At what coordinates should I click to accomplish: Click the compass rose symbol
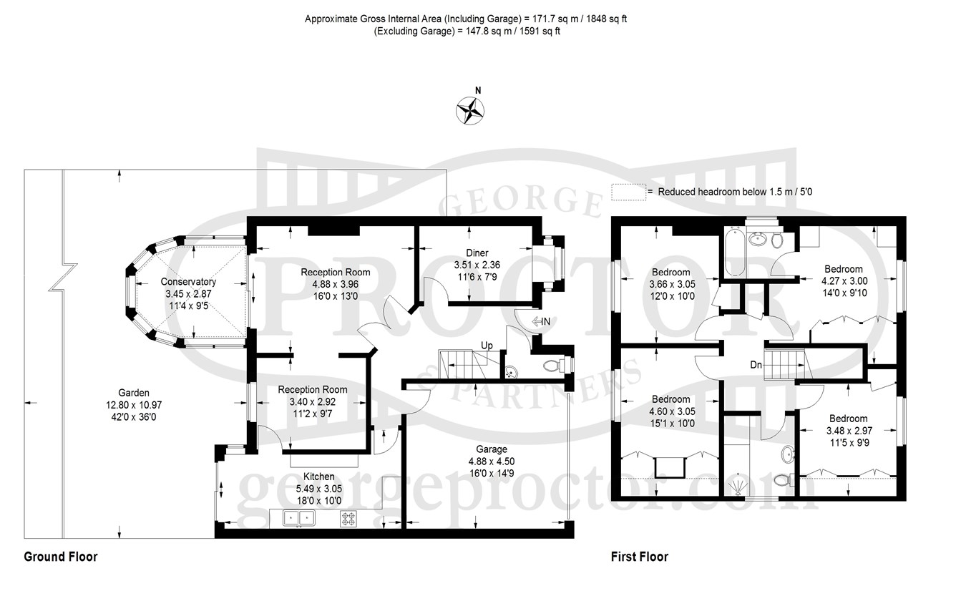click(x=470, y=111)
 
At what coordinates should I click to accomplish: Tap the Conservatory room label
click(x=188, y=282)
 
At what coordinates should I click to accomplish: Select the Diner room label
click(x=477, y=253)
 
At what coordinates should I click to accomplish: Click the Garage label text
click(x=492, y=449)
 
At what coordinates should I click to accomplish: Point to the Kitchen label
click(x=318, y=477)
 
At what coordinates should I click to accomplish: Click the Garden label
click(x=134, y=393)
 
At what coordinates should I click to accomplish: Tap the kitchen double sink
click(x=299, y=518)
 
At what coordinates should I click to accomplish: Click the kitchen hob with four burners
click(x=349, y=519)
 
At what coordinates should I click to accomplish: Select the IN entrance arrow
click(x=542, y=321)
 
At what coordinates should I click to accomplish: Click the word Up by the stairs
click(x=487, y=346)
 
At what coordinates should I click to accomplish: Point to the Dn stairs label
click(x=756, y=366)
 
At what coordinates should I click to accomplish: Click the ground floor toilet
click(x=554, y=366)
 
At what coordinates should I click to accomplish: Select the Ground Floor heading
click(x=61, y=557)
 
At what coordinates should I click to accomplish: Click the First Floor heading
click(x=640, y=557)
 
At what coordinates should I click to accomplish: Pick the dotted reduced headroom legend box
click(x=629, y=192)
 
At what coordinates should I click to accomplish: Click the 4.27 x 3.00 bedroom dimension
click(x=844, y=281)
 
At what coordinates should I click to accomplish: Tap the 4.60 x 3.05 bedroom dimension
click(x=672, y=411)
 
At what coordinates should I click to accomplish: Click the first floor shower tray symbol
click(x=738, y=486)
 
